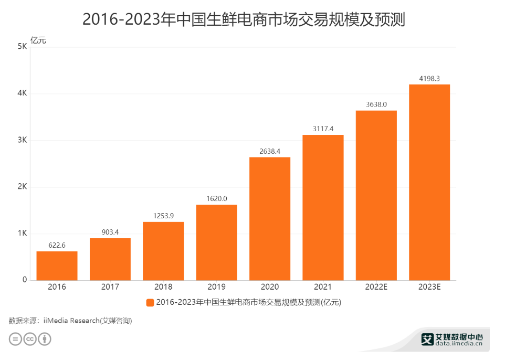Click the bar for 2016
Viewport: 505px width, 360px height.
tap(57, 266)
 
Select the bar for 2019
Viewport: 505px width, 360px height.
tap(216, 242)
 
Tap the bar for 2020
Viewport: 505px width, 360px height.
tap(270, 218)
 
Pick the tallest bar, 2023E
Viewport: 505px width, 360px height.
tap(429, 182)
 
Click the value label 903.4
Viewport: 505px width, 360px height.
tap(110, 232)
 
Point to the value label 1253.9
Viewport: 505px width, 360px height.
tap(163, 216)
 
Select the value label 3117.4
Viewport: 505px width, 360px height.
tap(323, 129)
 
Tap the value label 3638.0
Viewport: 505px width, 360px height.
tap(376, 104)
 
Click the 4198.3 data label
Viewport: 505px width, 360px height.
tap(429, 79)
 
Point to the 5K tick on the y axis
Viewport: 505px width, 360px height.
tap(22, 47)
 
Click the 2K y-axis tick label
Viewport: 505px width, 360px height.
tap(22, 187)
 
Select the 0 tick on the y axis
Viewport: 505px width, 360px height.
tap(24, 280)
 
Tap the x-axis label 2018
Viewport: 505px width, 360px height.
tap(163, 287)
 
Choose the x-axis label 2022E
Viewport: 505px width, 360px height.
tap(376, 287)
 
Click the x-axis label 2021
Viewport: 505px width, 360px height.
tap(323, 287)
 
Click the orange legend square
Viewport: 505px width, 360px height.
tap(150, 302)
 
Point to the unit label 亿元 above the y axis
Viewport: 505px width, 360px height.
tap(39, 40)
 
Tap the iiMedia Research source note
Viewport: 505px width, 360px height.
tap(70, 321)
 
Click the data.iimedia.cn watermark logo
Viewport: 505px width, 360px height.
tap(452, 340)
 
